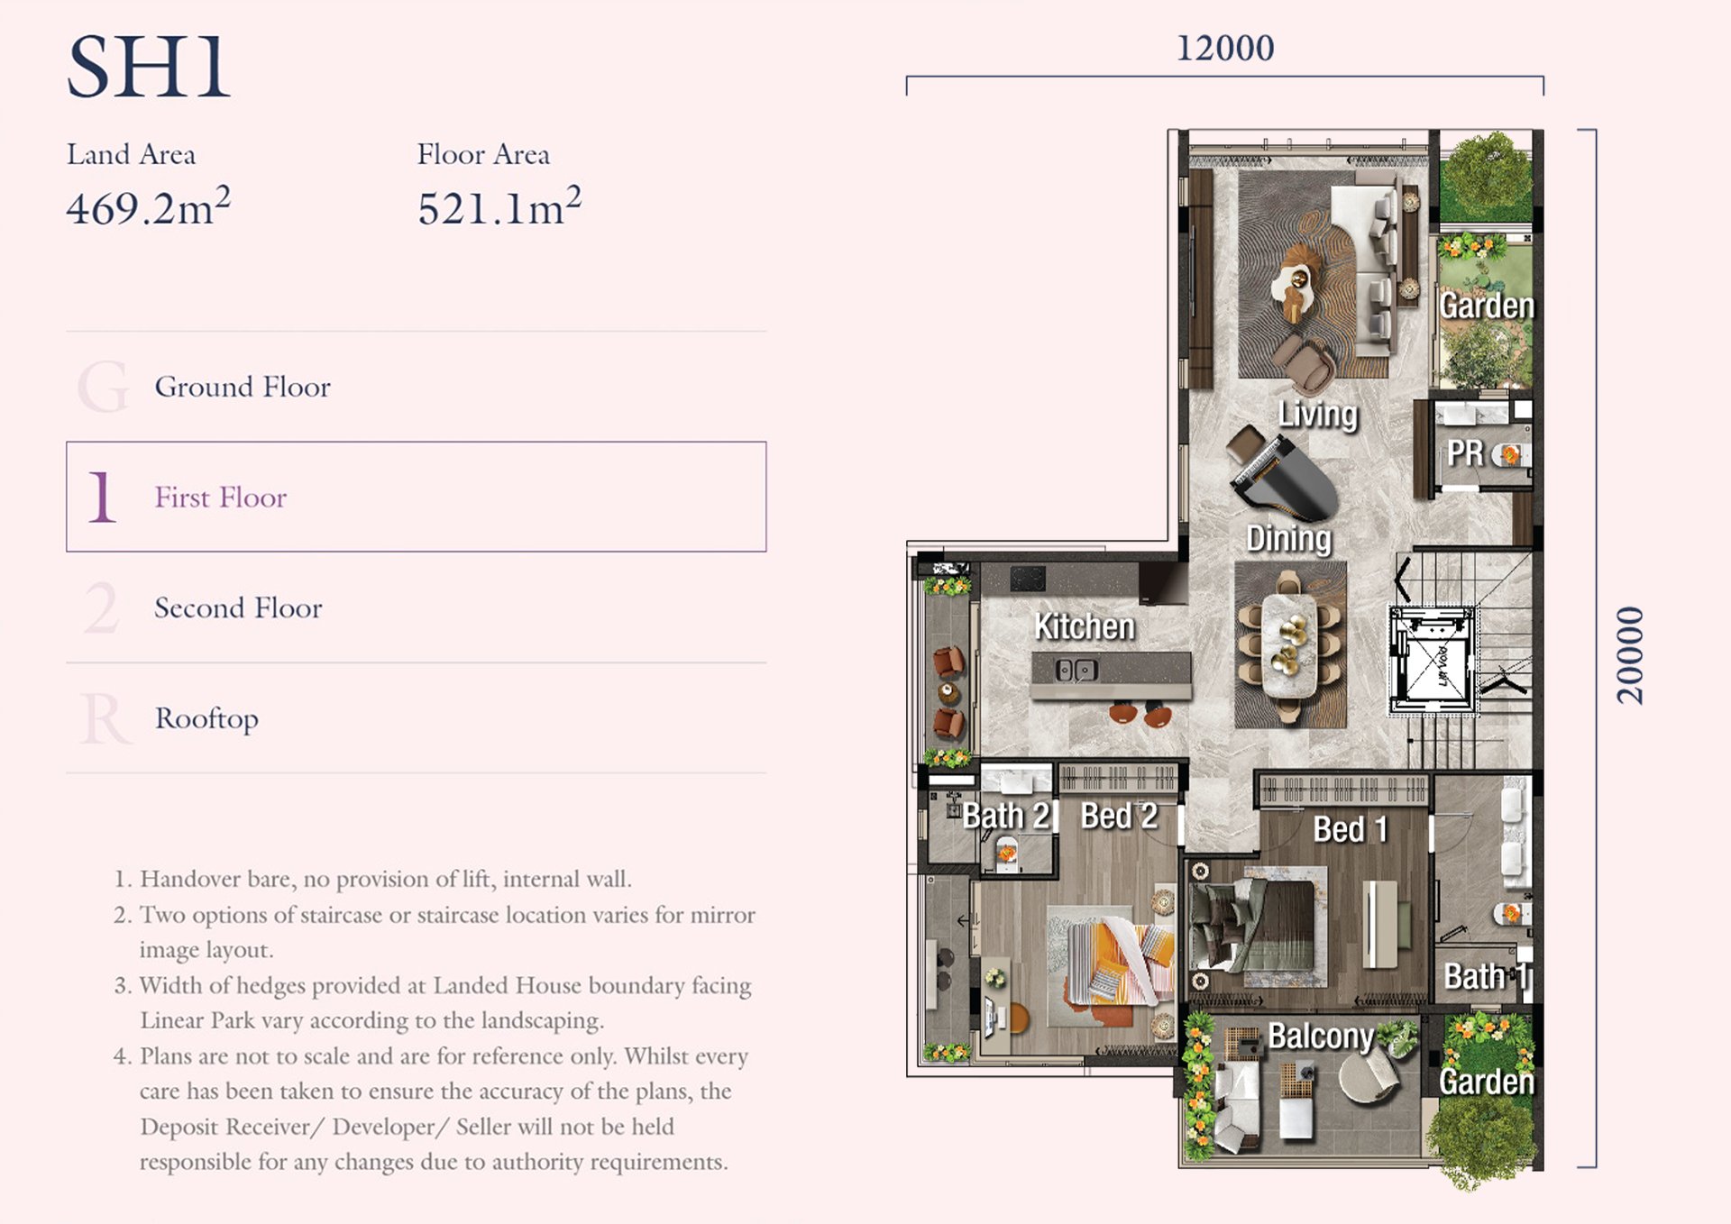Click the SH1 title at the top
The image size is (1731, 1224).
(x=149, y=68)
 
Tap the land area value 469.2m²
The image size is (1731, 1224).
(x=149, y=206)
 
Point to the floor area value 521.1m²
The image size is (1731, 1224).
(x=499, y=206)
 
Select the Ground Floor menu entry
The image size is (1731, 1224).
(x=243, y=387)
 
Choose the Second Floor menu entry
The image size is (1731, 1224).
(x=238, y=607)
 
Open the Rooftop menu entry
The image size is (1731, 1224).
(x=206, y=718)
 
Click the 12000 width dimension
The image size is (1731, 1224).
(x=1225, y=48)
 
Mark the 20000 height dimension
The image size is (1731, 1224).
(x=1630, y=655)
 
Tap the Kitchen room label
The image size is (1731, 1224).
(x=1084, y=626)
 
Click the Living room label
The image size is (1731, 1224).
(x=1317, y=415)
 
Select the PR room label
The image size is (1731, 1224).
(x=1465, y=452)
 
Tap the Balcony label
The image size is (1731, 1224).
(x=1321, y=1037)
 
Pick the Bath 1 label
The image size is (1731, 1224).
(x=1486, y=976)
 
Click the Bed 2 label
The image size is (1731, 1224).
(x=1119, y=816)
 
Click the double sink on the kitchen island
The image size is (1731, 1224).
(x=1076, y=670)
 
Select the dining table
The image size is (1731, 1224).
(x=1290, y=644)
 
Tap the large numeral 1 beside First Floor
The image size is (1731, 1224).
(x=102, y=497)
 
